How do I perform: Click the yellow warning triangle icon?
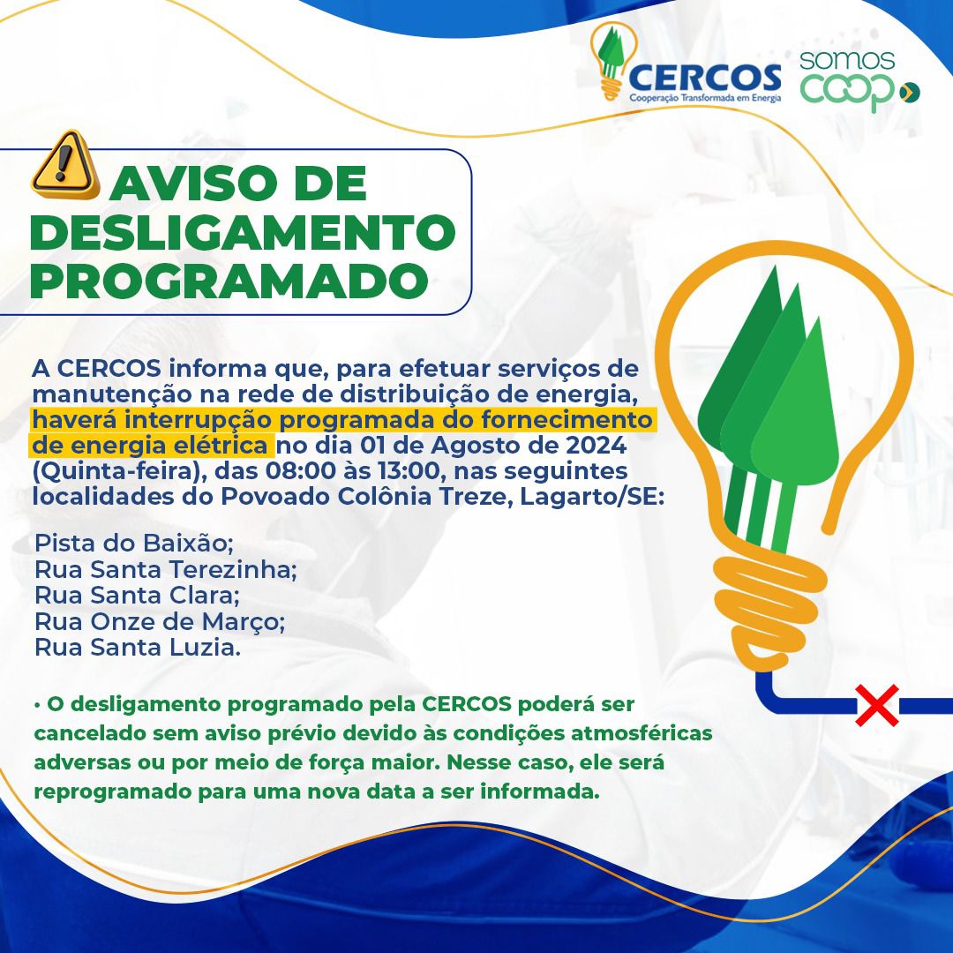click(x=65, y=164)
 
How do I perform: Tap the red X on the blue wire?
click(x=877, y=705)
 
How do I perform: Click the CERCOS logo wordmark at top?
click(x=705, y=77)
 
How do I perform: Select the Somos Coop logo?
click(x=859, y=81)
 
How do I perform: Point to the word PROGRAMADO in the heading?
click(x=229, y=281)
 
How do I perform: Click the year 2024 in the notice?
click(x=597, y=446)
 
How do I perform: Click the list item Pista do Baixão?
click(x=134, y=543)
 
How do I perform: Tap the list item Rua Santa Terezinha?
click(x=165, y=569)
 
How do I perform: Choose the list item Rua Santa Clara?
click(x=137, y=595)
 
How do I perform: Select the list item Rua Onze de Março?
click(x=159, y=622)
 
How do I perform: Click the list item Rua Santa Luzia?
click(x=138, y=648)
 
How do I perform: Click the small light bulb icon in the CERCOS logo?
click(x=612, y=61)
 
